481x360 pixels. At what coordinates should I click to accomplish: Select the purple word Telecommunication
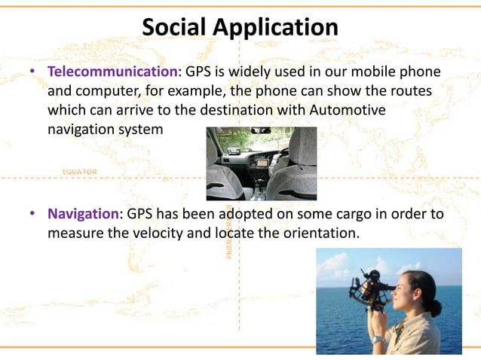tap(112, 72)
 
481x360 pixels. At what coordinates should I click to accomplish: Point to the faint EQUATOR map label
tap(78, 172)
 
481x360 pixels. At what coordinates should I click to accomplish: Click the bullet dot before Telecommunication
tap(34, 73)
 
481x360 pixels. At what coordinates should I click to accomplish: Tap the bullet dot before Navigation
tap(34, 215)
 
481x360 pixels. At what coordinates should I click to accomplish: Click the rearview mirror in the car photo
tap(261, 131)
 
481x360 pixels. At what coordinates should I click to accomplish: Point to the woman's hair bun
tap(436, 308)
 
